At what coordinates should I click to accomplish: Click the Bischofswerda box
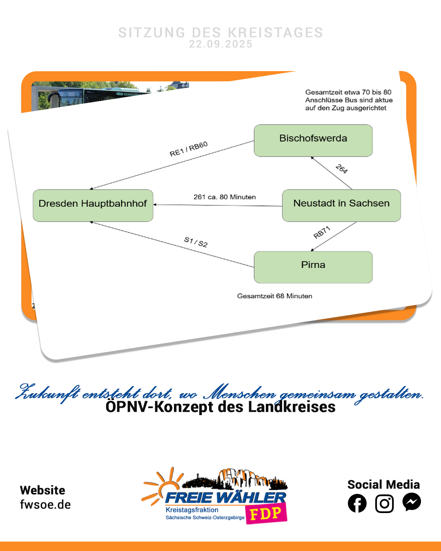(313, 140)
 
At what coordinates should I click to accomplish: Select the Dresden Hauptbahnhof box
(93, 205)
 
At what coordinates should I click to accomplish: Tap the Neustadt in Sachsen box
(341, 205)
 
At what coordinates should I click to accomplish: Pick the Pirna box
(313, 267)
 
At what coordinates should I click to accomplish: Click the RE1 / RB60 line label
(189, 149)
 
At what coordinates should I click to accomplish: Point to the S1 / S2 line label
(196, 242)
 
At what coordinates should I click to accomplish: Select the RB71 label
(322, 232)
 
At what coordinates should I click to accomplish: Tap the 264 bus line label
(341, 169)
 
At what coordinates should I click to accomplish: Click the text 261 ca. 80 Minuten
(225, 197)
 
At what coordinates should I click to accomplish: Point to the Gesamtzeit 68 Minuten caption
(274, 296)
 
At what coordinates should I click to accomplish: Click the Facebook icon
(357, 503)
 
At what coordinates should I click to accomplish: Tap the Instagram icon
(384, 503)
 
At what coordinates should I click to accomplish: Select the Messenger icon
(412, 502)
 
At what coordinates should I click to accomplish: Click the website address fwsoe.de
(45, 504)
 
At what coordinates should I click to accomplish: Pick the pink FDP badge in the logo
(266, 514)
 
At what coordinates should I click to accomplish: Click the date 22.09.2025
(220, 44)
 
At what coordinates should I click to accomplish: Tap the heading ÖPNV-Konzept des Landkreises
(220, 407)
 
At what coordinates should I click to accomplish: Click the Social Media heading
(383, 484)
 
